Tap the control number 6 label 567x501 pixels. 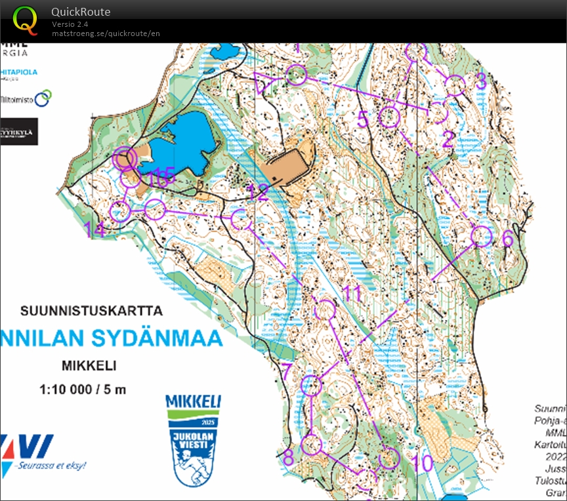[x=507, y=239]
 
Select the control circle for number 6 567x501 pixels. [x=482, y=236]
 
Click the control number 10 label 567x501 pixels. [x=423, y=463]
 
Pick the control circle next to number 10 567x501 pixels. [x=389, y=458]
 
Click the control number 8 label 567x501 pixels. [x=288, y=457]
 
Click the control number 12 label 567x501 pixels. [x=259, y=192]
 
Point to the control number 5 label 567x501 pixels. [x=364, y=119]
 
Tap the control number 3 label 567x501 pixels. [x=480, y=81]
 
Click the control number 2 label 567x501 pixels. [x=448, y=139]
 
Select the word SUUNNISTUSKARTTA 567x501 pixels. [x=91, y=310]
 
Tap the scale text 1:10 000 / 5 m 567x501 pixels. [x=83, y=389]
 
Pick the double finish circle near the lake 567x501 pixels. [x=124, y=158]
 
